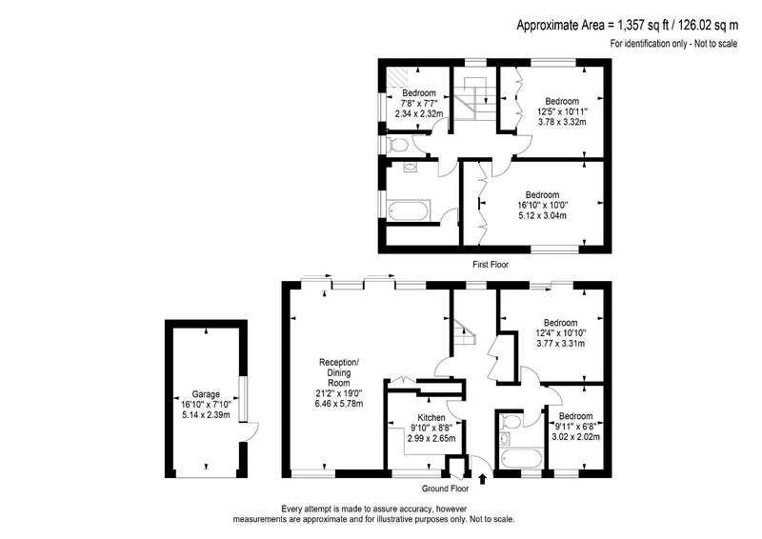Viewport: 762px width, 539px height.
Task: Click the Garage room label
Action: point(206,394)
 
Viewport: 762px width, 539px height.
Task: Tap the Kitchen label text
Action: point(431,417)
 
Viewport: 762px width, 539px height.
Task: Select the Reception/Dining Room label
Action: point(339,372)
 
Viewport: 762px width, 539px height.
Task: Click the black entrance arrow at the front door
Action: point(482,480)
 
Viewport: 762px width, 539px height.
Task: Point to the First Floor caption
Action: point(491,265)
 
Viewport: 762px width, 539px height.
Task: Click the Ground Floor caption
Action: point(445,489)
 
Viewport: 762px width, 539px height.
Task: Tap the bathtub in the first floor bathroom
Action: point(409,210)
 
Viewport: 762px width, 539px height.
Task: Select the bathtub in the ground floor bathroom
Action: point(521,459)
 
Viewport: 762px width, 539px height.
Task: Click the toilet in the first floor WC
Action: point(397,145)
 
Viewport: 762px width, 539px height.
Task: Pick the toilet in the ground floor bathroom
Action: point(510,422)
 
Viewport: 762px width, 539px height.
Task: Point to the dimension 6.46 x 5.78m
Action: point(339,404)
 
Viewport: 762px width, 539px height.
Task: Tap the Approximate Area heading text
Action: point(627,25)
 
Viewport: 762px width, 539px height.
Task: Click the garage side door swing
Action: point(252,432)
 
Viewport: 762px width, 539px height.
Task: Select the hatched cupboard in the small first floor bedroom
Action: point(397,78)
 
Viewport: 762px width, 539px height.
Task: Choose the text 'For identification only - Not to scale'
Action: point(673,44)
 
